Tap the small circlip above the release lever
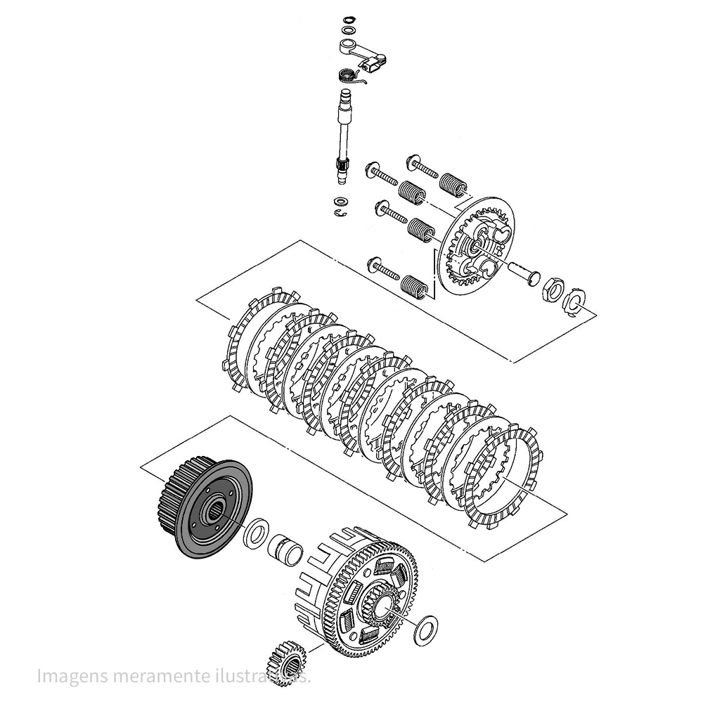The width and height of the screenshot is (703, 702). [346, 20]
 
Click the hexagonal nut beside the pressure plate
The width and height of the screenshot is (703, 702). [551, 288]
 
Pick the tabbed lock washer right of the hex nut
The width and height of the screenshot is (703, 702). [575, 300]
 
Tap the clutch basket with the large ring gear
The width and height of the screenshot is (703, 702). [366, 590]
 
